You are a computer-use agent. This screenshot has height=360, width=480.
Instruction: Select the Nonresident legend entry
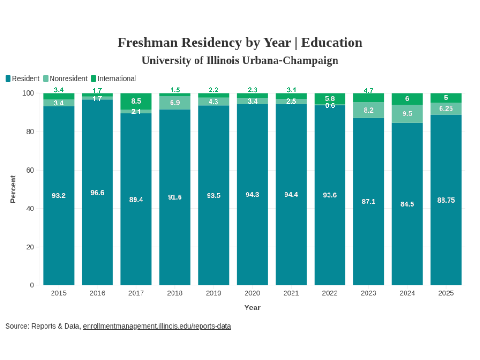pos(65,79)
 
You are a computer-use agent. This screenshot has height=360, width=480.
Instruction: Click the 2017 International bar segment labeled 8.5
pos(136,101)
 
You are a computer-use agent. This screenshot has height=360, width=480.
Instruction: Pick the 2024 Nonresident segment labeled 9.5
pos(407,114)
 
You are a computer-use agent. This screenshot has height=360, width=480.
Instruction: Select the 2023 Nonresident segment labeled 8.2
pos(368,110)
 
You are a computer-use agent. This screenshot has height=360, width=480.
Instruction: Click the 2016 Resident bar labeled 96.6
pos(97,193)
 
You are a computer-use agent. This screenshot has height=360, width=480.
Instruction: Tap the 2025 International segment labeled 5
pos(446,98)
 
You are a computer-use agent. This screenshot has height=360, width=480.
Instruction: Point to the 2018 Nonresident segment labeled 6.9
pos(175,103)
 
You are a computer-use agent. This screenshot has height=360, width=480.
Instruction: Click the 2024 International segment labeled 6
pos(407,99)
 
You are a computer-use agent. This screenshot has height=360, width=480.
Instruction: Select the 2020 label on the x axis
pos(252,293)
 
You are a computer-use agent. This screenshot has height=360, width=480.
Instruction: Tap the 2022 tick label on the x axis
pos(330,293)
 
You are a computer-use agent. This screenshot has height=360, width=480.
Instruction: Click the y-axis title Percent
pos(13,189)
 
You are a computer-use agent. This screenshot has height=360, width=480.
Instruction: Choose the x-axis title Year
pos(252,307)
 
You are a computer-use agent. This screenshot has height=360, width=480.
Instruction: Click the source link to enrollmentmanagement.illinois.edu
pos(157,326)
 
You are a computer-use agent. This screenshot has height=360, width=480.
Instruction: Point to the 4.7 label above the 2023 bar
pos(368,90)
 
